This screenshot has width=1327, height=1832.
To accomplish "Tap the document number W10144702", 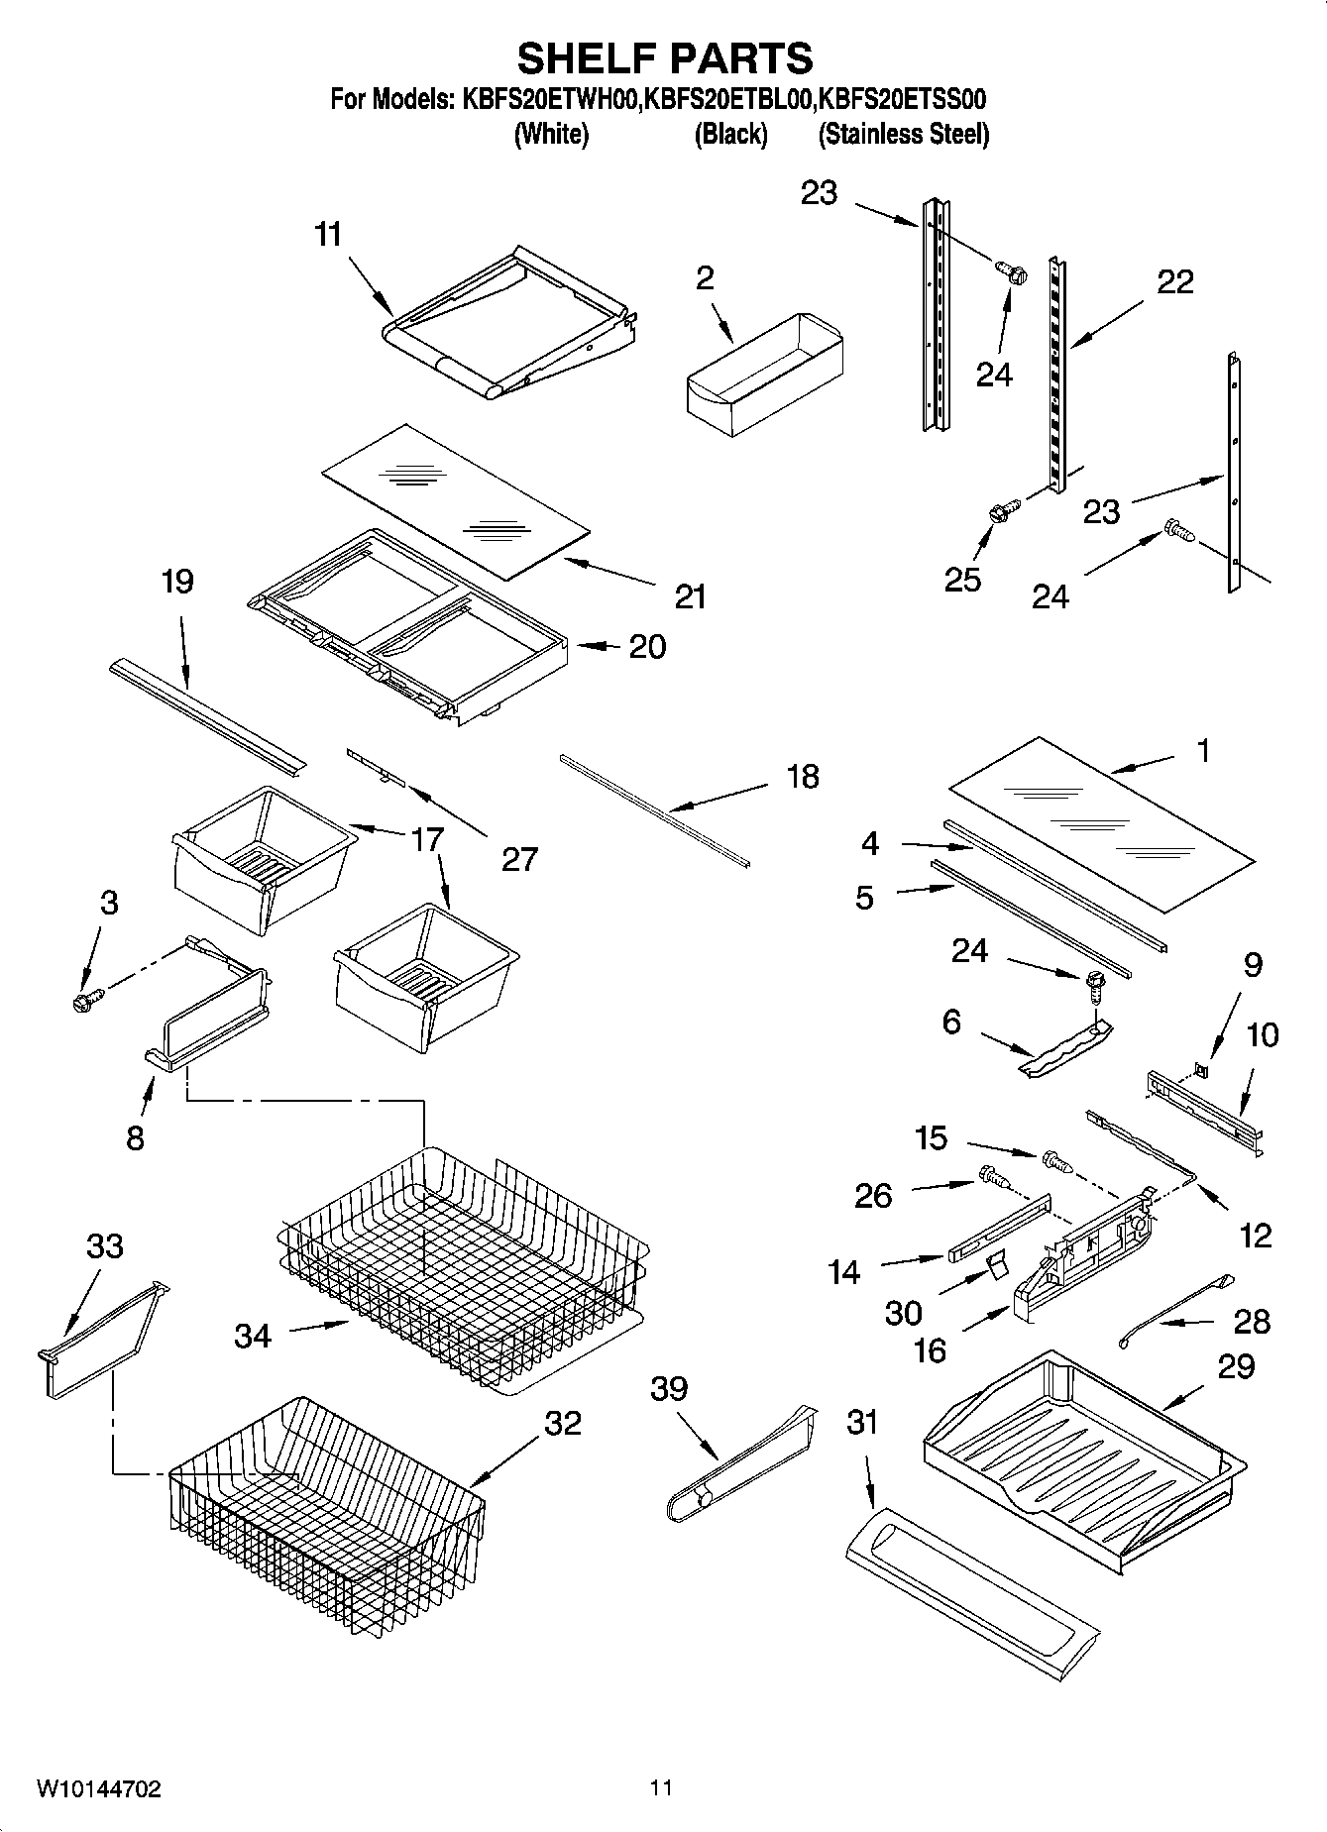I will click(98, 1788).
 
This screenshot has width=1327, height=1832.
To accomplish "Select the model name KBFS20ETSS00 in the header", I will click(903, 99).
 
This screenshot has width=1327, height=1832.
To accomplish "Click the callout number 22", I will click(1175, 282).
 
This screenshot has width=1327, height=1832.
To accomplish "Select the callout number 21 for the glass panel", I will click(690, 595).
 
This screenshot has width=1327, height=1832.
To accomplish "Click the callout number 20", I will click(647, 646).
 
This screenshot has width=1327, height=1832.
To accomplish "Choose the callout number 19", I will click(177, 582).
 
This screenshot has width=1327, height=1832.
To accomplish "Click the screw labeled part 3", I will click(87, 1001).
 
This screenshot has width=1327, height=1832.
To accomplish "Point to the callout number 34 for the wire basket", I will click(253, 1336).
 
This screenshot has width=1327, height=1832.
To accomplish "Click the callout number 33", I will click(104, 1246).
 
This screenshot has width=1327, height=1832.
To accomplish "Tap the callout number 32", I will click(562, 1423).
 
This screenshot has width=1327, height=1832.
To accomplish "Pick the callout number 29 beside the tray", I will click(1236, 1366).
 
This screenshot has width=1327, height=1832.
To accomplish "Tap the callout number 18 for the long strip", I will click(802, 776).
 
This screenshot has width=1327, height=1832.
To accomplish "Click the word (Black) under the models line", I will click(730, 134).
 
